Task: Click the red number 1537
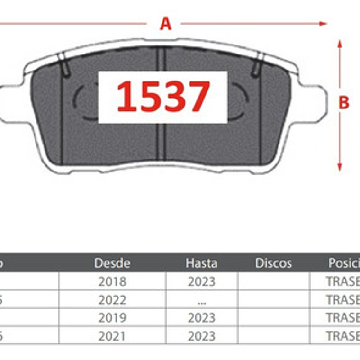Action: pyautogui.click(x=163, y=96)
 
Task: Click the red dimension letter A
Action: pyautogui.click(x=165, y=23)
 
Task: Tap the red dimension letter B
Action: pyautogui.click(x=344, y=103)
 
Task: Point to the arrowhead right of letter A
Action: pyautogui.click(x=323, y=23)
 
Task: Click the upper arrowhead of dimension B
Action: pyautogui.click(x=340, y=44)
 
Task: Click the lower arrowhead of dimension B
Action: pyautogui.click(x=340, y=167)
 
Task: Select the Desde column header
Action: pyautogui.click(x=112, y=263)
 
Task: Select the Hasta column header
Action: pyautogui.click(x=201, y=263)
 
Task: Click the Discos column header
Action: pyautogui.click(x=273, y=263)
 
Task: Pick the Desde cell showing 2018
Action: pyautogui.click(x=112, y=281)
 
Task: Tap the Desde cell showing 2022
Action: pyautogui.click(x=112, y=300)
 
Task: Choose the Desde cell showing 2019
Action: pyautogui.click(x=112, y=318)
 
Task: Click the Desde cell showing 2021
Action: pyautogui.click(x=112, y=336)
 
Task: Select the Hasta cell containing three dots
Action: pyautogui.click(x=201, y=300)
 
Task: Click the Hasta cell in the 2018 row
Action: pyautogui.click(x=201, y=281)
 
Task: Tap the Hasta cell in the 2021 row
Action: pyautogui.click(x=201, y=336)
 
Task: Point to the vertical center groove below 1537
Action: pyautogui.click(x=162, y=142)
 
